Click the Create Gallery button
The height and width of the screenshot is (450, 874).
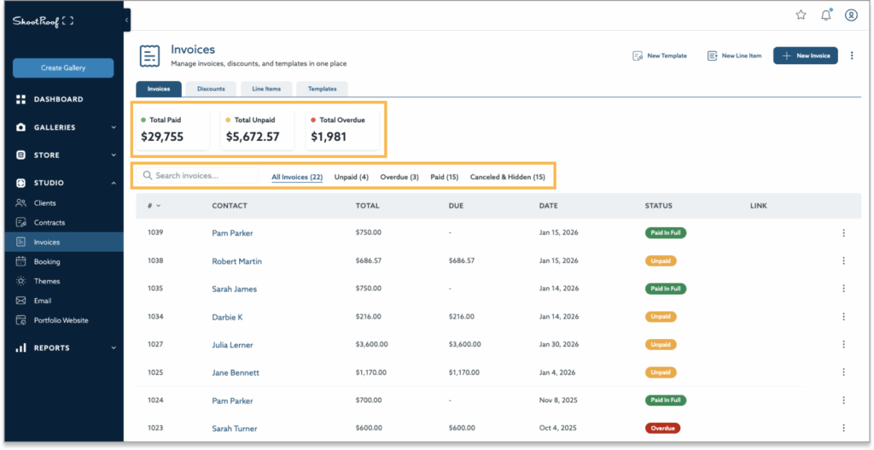pyautogui.click(x=63, y=68)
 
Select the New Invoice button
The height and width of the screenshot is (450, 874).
pyautogui.click(x=805, y=56)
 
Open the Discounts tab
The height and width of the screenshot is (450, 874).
pyautogui.click(x=211, y=89)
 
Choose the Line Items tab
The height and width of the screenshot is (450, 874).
pyautogui.click(x=265, y=89)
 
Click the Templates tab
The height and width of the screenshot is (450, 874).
pyautogui.click(x=322, y=89)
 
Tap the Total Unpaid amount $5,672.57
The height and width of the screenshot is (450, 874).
pyautogui.click(x=253, y=137)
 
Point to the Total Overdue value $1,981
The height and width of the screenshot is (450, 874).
pyautogui.click(x=329, y=137)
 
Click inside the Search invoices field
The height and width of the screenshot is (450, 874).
pyautogui.click(x=201, y=176)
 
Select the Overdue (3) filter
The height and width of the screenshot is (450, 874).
pyautogui.click(x=399, y=177)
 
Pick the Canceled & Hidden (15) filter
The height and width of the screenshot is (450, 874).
pyautogui.click(x=507, y=177)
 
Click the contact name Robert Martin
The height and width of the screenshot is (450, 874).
pyautogui.click(x=236, y=261)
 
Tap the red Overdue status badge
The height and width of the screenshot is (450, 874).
pyautogui.click(x=662, y=428)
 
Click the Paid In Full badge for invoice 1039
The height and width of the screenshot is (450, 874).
pyautogui.click(x=666, y=233)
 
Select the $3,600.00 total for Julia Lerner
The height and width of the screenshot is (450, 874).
pyautogui.click(x=371, y=345)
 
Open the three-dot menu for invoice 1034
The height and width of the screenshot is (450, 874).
pyautogui.click(x=843, y=317)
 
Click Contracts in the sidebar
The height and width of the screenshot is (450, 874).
pyautogui.click(x=50, y=223)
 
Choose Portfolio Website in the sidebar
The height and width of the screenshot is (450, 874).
pyautogui.click(x=61, y=320)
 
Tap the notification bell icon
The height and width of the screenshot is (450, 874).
pyautogui.click(x=825, y=15)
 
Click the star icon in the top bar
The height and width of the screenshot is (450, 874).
pyautogui.click(x=801, y=15)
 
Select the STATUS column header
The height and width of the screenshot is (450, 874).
pyautogui.click(x=658, y=206)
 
